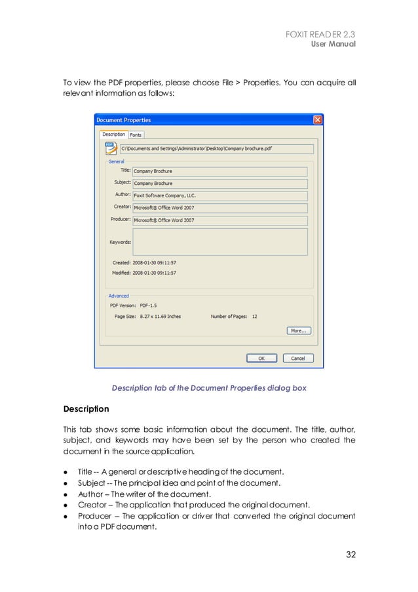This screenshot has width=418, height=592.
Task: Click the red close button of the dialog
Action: pyautogui.click(x=317, y=120)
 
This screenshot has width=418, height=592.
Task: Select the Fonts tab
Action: pyautogui.click(x=135, y=135)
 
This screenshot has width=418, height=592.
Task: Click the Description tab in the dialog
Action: pyautogui.click(x=113, y=135)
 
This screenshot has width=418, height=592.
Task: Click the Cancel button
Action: pyautogui.click(x=298, y=358)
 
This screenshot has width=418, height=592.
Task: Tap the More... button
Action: pyautogui.click(x=298, y=330)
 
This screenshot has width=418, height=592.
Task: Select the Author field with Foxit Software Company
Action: pyautogui.click(x=219, y=195)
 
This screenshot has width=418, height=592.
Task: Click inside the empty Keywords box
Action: pyautogui.click(x=219, y=241)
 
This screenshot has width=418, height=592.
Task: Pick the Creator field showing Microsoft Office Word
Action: pyautogui.click(x=219, y=208)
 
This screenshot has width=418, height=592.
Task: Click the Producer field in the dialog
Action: pyautogui.click(x=219, y=220)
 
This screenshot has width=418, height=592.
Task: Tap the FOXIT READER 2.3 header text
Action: pyautogui.click(x=321, y=34)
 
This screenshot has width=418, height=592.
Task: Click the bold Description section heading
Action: pyautogui.click(x=86, y=409)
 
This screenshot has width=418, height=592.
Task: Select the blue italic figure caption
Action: pyautogui.click(x=208, y=388)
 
